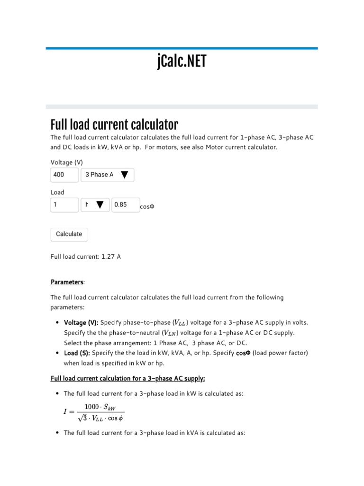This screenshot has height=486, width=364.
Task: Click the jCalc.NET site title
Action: [x=182, y=61]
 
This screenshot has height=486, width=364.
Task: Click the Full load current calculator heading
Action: [x=114, y=125]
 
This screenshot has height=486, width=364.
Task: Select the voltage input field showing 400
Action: [x=64, y=175]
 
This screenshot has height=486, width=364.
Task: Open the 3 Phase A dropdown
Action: [x=108, y=175]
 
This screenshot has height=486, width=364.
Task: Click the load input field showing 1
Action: [x=64, y=205]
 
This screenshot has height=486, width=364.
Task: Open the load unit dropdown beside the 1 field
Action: [x=95, y=205]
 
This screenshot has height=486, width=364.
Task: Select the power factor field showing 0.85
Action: [x=126, y=205]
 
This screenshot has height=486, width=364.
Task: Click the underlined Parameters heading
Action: [x=66, y=282]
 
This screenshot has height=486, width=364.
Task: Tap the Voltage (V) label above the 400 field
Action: [x=67, y=162]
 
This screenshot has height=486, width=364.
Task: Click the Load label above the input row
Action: [x=57, y=192]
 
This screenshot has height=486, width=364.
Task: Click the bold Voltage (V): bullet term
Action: [x=81, y=323]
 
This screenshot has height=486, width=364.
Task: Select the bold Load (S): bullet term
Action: [x=77, y=353]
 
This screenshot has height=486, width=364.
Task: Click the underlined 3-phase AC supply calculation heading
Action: [x=127, y=378]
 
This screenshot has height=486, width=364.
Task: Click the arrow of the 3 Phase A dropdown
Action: [x=124, y=175]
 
